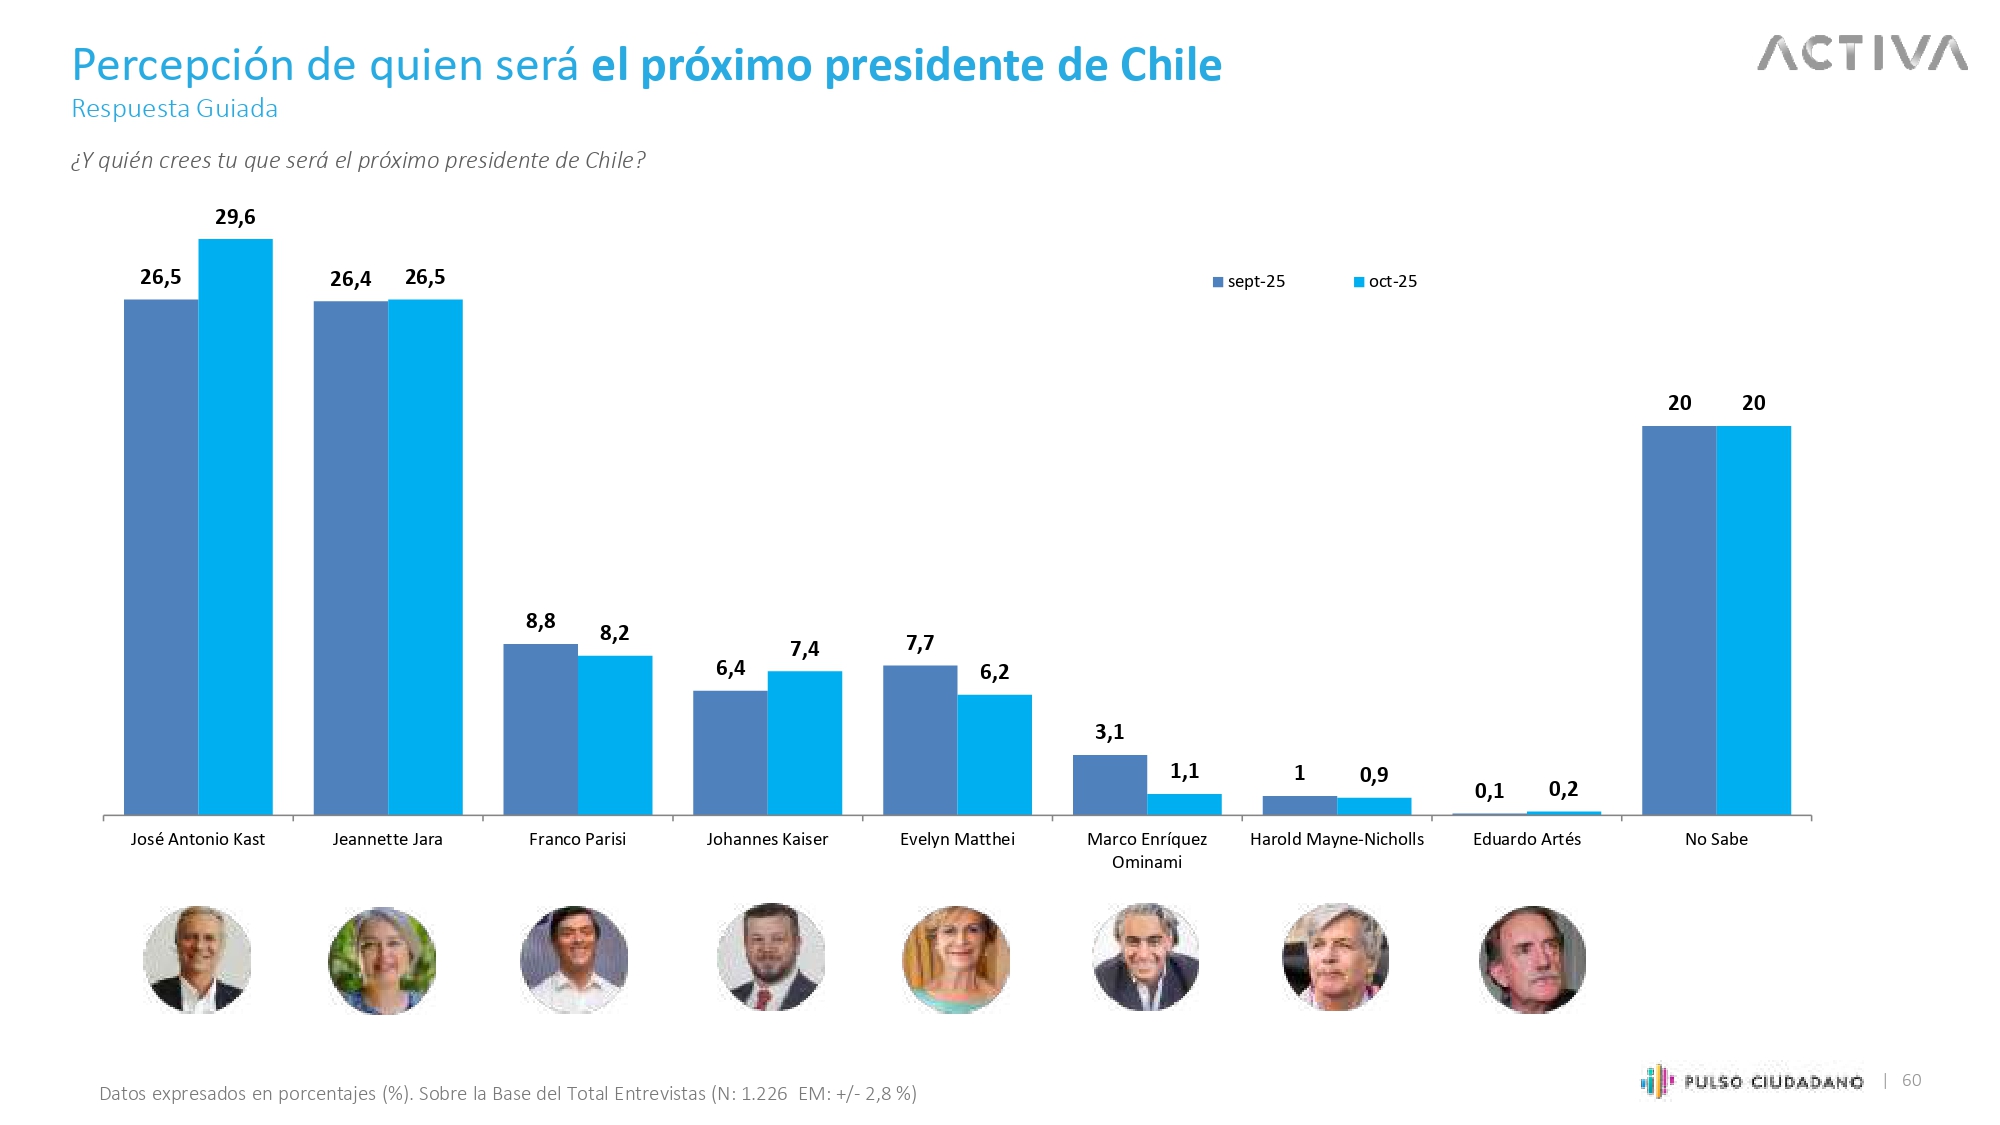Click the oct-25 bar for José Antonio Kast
pos(235,527)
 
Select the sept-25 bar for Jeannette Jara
pos(351,558)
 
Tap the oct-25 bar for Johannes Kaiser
pos(805,743)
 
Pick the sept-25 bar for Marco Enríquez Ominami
pos(1110,785)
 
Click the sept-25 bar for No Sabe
pos(1679,620)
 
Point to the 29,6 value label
pos(235,217)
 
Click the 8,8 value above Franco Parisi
pos(540,621)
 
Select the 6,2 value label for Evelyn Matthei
pos(994,672)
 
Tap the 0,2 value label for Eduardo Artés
pos(1563,789)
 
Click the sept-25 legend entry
pos(1249,282)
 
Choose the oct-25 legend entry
pos(1386,282)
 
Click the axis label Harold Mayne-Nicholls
pos(1337,839)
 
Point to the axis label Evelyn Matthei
pos(957,839)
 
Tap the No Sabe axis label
pos(1716,839)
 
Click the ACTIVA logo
pos(1862,54)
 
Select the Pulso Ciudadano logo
pos(1752,1081)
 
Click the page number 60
pos(1911,1080)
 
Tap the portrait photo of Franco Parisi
pos(574,959)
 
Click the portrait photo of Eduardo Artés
pos(1532,959)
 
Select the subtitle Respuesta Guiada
pos(175,108)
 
